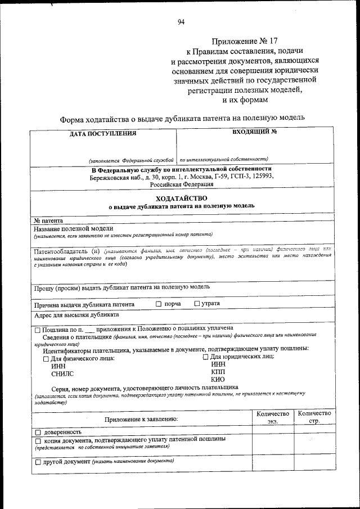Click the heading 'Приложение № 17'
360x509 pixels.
point(245,41)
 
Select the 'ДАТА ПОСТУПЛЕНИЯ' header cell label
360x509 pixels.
point(103,134)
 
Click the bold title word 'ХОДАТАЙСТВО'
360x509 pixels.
point(181,198)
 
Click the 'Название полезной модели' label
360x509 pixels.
point(73,228)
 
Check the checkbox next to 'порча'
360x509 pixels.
point(159,304)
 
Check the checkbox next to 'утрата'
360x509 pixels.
point(197,304)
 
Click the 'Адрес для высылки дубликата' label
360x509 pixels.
point(76,315)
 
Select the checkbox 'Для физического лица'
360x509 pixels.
point(46,358)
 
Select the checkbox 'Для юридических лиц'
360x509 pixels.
point(205,357)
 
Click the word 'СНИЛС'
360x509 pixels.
point(62,373)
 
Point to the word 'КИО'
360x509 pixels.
point(218,379)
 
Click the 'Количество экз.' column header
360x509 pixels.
point(273,417)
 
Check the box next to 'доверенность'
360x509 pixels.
point(38,432)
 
